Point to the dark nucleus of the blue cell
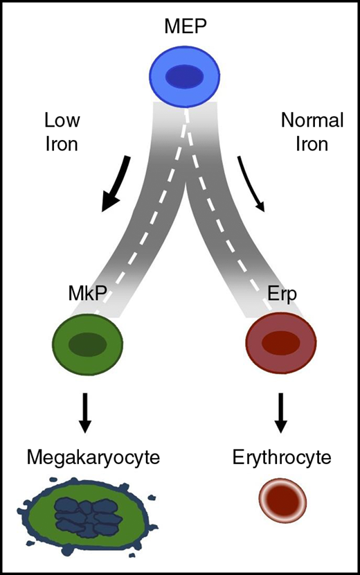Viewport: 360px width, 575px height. pos(185,75)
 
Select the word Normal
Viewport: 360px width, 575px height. pos(312,121)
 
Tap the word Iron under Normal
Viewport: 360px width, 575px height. pos(312,146)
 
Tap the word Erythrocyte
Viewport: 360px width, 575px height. pos(281,458)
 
